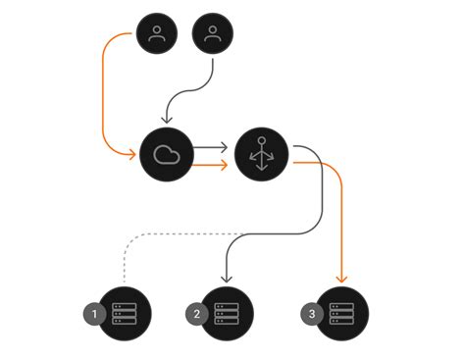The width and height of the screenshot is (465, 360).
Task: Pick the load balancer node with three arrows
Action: tap(262, 154)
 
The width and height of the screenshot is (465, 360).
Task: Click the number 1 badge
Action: tap(95, 314)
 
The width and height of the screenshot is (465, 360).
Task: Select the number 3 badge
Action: tap(312, 314)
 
